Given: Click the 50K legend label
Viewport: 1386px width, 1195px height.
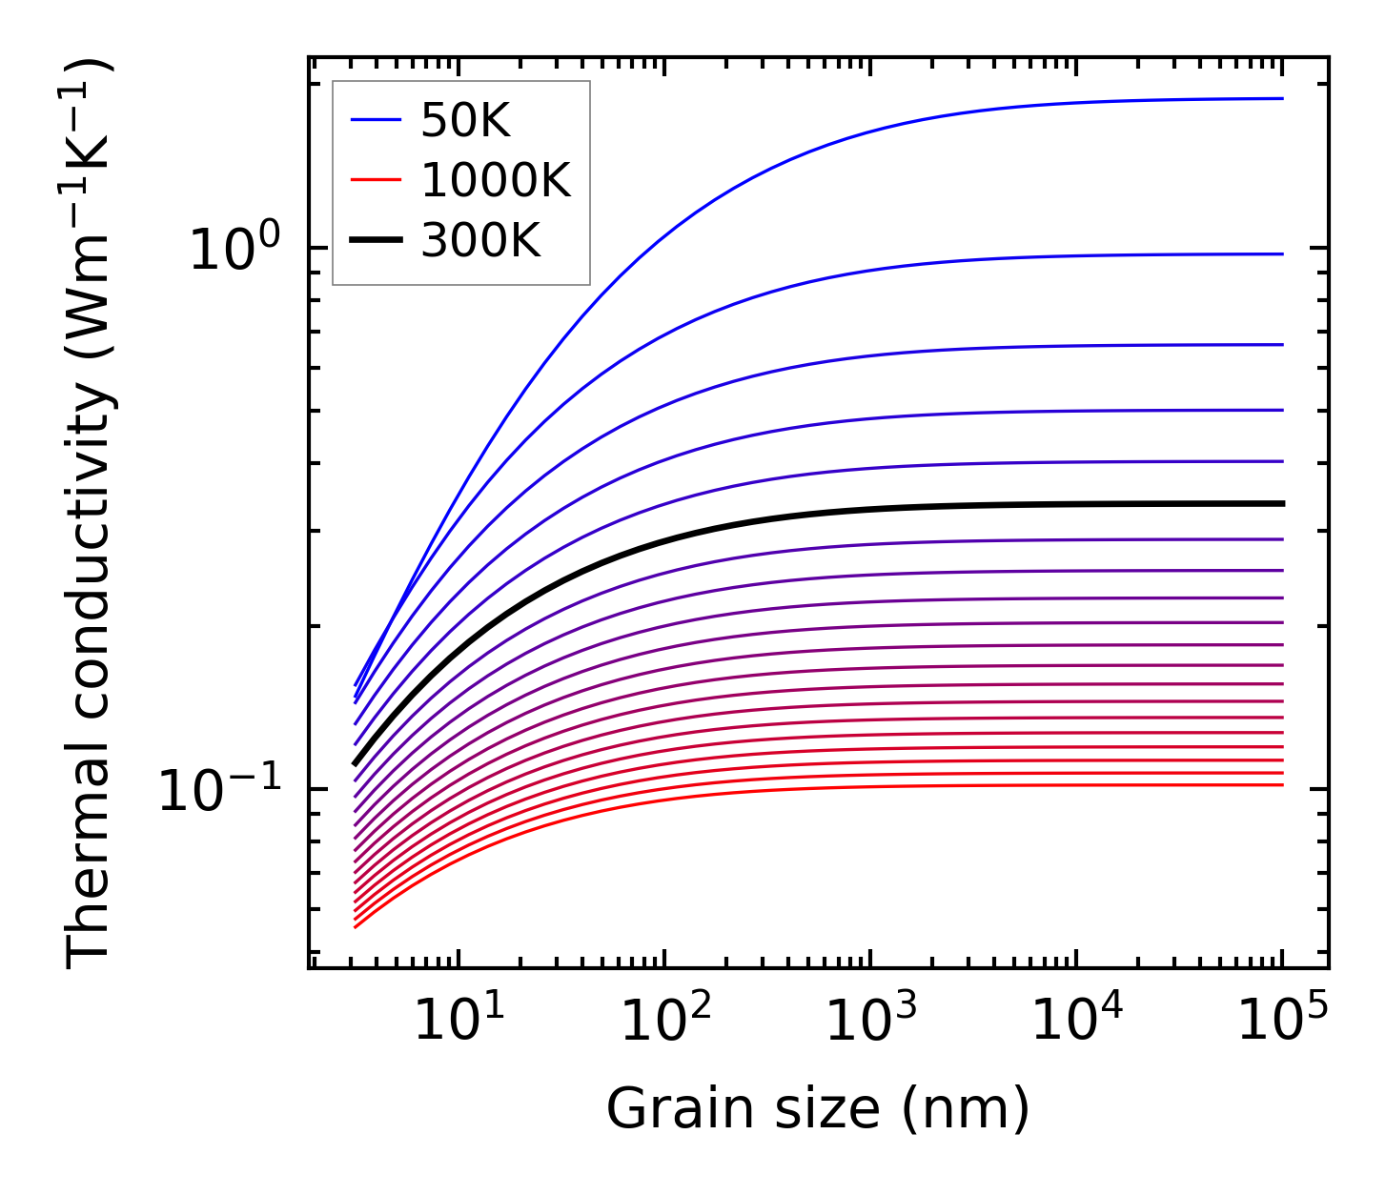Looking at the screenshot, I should [465, 120].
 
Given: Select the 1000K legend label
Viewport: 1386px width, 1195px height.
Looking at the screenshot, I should [496, 180].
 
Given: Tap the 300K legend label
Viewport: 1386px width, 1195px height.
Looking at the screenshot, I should [480, 241].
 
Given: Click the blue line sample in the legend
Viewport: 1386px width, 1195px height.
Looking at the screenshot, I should [376, 120].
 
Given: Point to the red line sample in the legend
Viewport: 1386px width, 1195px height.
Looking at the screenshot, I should [376, 180].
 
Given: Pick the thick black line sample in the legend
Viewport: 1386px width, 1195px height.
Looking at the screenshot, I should [376, 241].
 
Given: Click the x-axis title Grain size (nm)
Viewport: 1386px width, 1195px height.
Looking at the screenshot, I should [818, 1109].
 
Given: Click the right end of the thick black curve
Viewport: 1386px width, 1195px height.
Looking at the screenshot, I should [1282, 503].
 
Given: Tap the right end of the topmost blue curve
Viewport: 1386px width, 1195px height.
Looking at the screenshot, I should [1282, 98].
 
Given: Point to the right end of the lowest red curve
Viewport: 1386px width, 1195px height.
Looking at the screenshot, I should [1282, 784].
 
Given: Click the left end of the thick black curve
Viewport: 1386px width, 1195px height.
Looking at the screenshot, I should [355, 763].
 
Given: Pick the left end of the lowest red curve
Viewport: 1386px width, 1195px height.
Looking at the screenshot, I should [355, 927].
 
